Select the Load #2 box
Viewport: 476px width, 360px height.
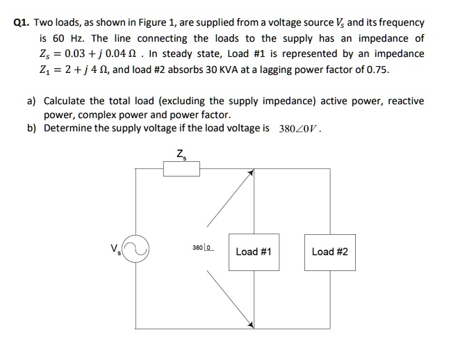coord(330,252)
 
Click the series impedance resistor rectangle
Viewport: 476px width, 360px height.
coord(181,169)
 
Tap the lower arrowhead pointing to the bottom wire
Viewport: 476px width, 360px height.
coord(248,323)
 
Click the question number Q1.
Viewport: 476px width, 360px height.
coord(23,23)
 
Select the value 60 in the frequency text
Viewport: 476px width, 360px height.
coord(60,38)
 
